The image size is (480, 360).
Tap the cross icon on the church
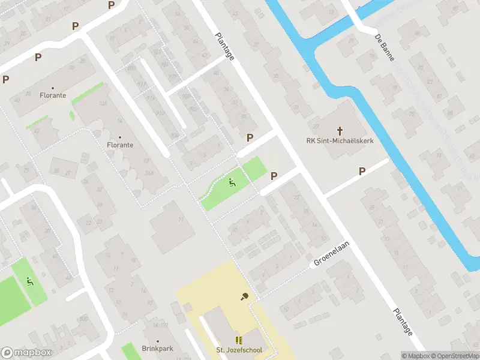point(340,130)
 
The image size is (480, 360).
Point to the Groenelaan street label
point(331,254)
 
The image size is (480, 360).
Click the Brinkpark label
point(154,349)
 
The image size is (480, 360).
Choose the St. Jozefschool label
point(239,350)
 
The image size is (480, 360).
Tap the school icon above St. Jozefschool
point(239,340)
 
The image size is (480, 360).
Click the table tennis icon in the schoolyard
point(244,296)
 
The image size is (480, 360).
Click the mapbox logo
point(26,353)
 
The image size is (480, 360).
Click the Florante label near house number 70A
point(120,145)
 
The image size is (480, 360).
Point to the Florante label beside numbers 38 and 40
point(53,95)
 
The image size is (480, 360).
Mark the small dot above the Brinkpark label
point(154,338)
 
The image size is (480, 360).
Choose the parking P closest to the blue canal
point(362,171)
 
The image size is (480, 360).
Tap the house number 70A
point(103,103)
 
